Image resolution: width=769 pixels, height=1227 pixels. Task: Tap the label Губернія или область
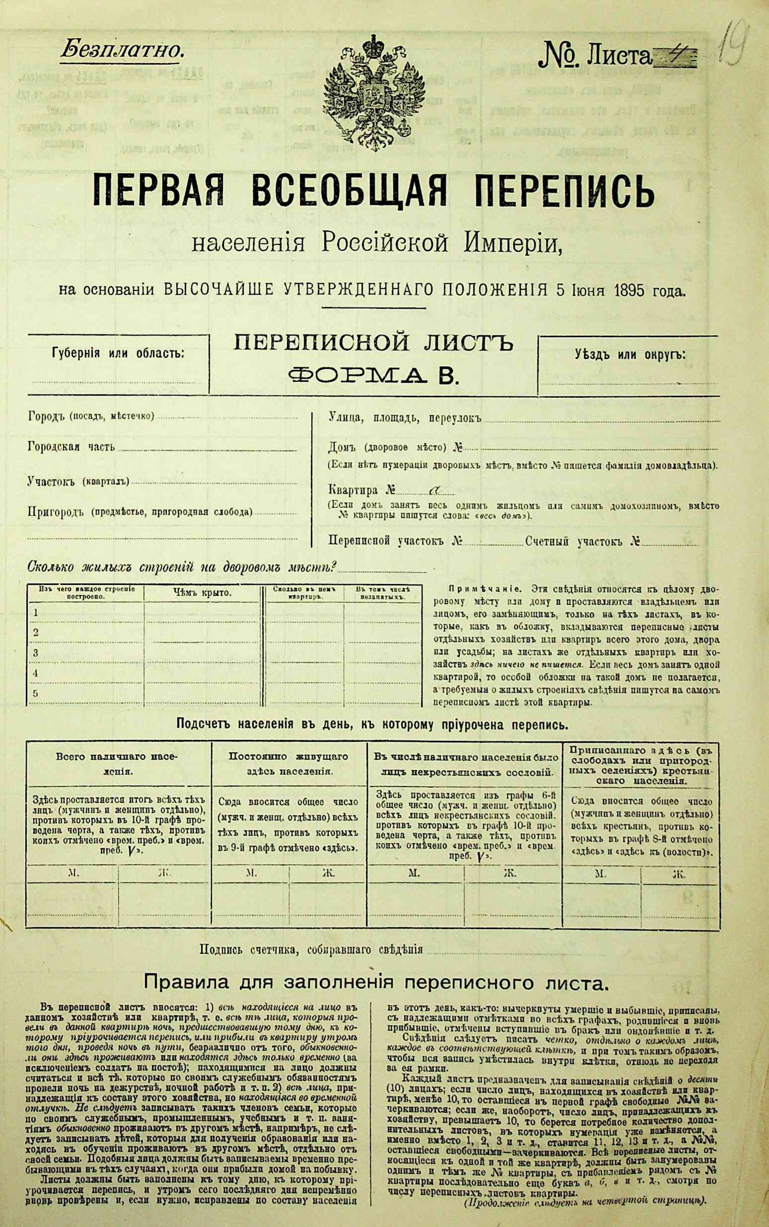click(118, 353)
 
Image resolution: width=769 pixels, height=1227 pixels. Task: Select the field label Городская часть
click(71, 447)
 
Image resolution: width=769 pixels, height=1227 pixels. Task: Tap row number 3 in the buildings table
click(36, 653)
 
